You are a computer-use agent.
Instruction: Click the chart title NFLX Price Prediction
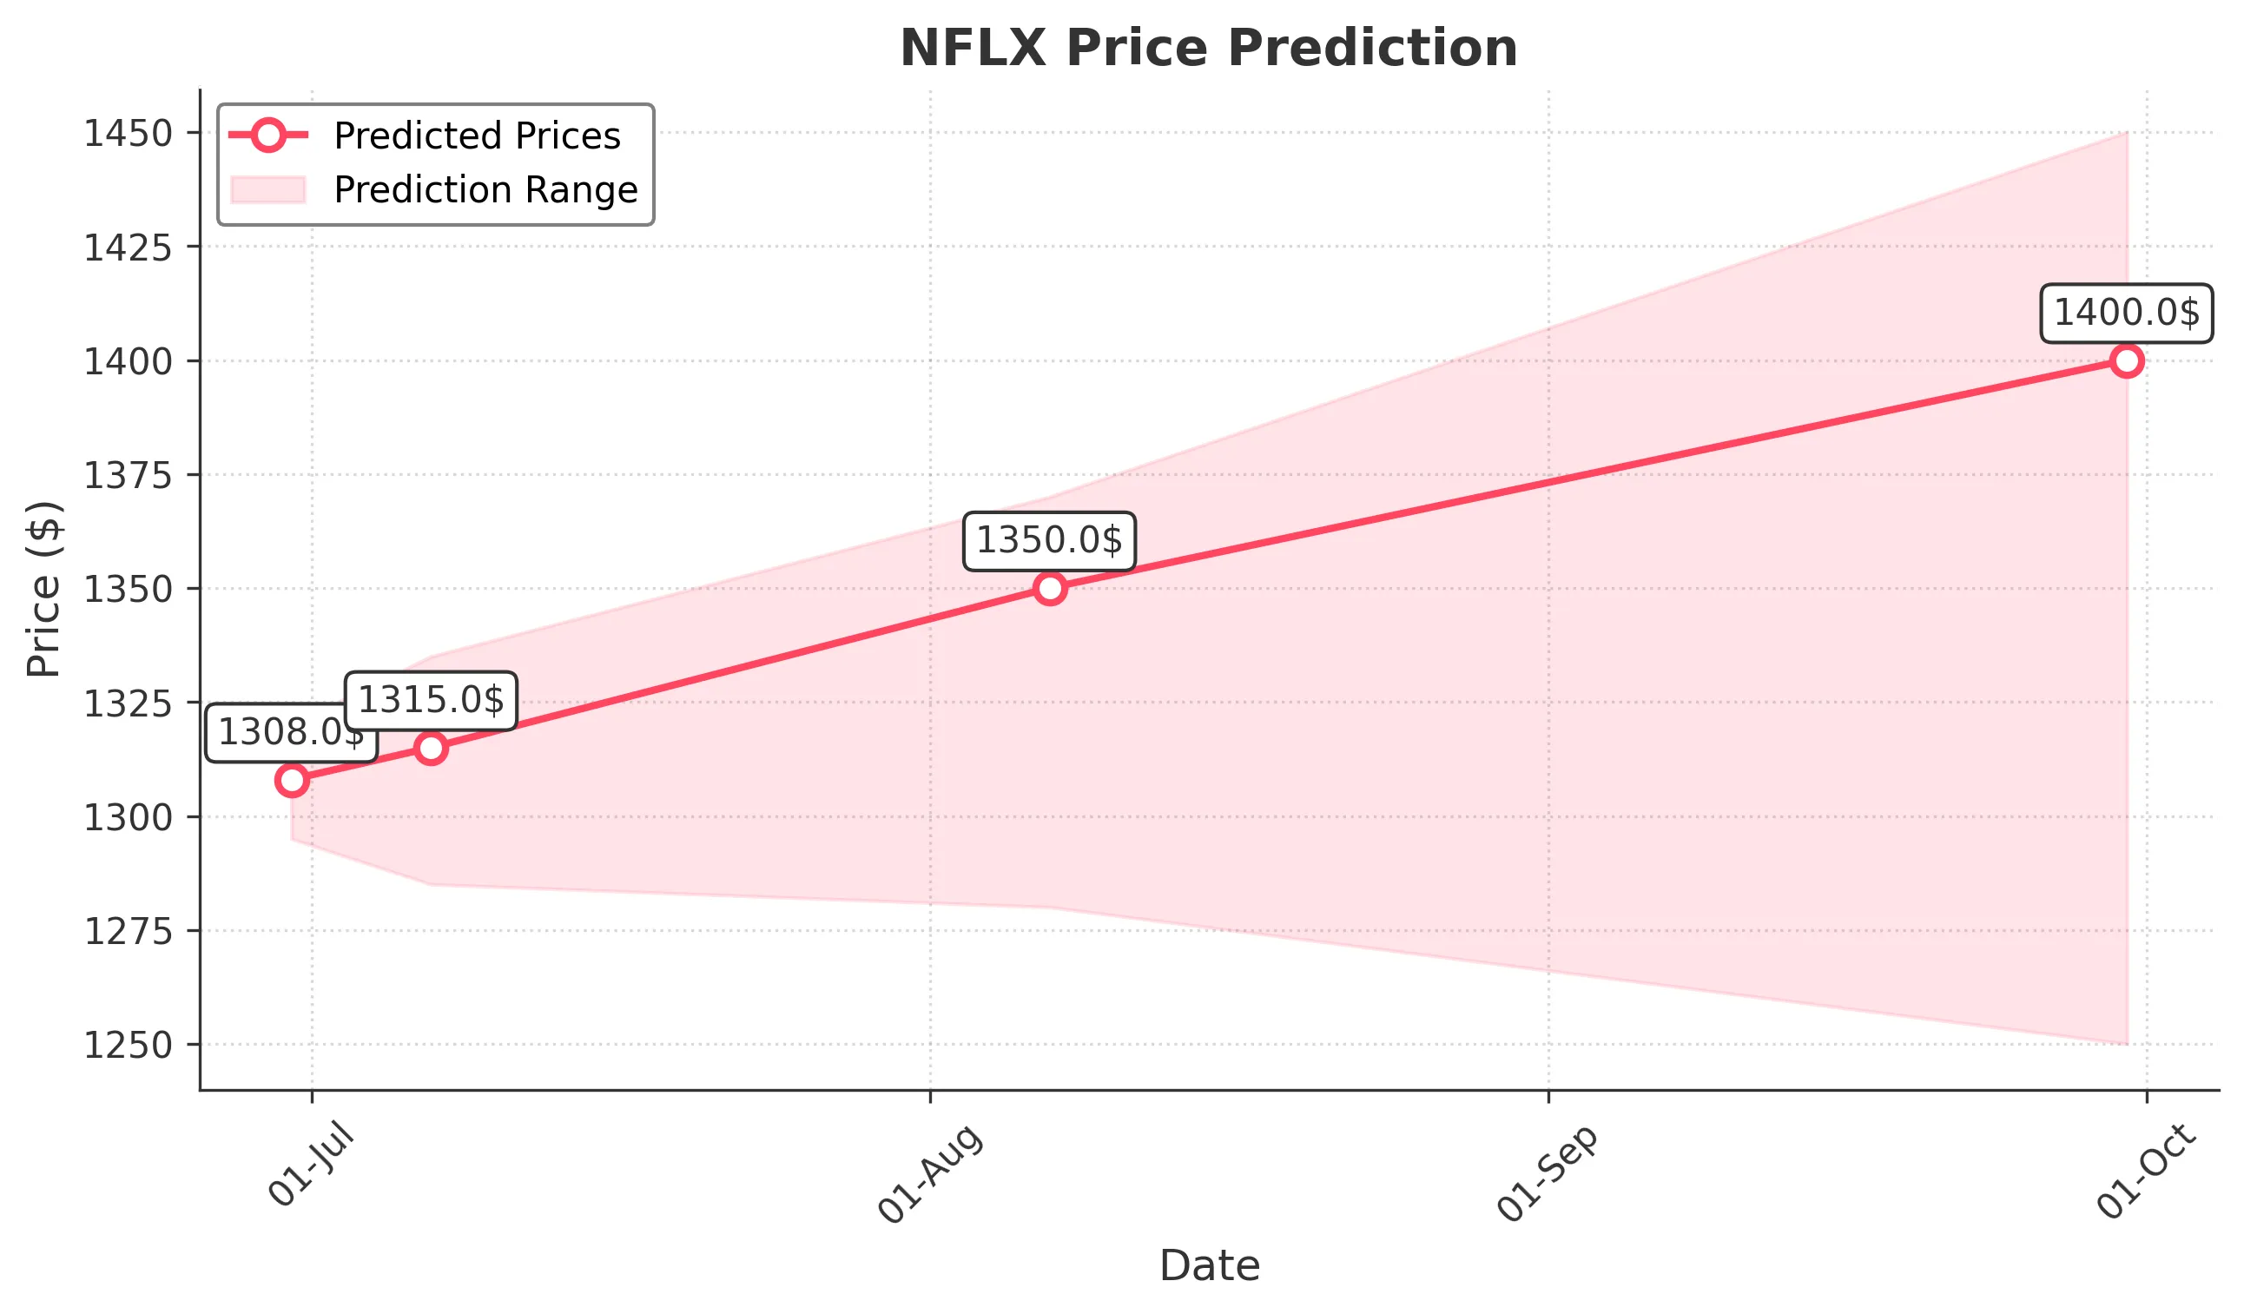[x=1208, y=48]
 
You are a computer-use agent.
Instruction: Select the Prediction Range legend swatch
[x=268, y=189]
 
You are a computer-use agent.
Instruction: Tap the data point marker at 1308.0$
[x=292, y=781]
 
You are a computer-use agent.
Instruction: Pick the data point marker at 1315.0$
[x=431, y=749]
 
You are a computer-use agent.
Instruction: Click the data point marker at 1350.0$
[x=1050, y=589]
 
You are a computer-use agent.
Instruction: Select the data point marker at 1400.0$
[x=2127, y=360]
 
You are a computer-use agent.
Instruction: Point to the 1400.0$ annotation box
[x=2126, y=314]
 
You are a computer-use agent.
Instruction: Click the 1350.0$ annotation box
[x=1049, y=541]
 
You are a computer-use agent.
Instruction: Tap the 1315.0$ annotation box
[x=431, y=701]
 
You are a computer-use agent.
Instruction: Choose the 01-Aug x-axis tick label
[x=931, y=1173]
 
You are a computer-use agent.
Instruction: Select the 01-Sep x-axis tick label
[x=1548, y=1173]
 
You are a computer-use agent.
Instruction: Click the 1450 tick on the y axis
[x=128, y=134]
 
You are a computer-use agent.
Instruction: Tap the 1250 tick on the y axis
[x=128, y=1045]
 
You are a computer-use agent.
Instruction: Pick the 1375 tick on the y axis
[x=128, y=475]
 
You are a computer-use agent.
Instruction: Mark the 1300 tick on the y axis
[x=128, y=817]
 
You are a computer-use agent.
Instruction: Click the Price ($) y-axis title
[x=43, y=590]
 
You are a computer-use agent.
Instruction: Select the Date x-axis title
[x=1208, y=1266]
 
